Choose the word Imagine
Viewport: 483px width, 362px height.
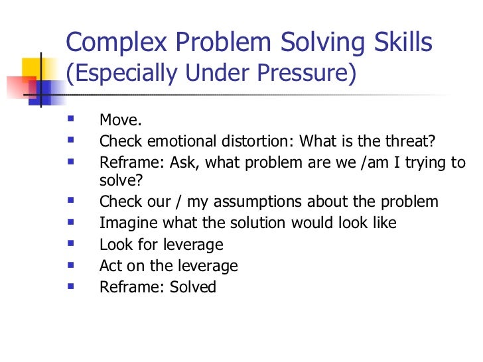tap(126, 223)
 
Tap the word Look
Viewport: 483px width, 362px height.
tap(113, 245)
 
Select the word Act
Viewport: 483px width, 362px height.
tap(110, 266)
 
